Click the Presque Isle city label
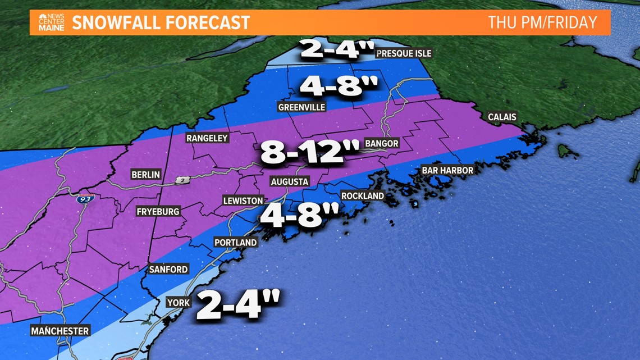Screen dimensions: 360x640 [404, 53]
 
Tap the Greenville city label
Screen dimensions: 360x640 [301, 107]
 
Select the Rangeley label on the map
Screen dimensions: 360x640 [207, 138]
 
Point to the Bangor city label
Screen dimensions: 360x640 [381, 144]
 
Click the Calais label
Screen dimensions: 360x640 [501, 117]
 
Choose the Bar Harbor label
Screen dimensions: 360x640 [447, 170]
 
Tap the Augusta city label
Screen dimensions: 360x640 [289, 181]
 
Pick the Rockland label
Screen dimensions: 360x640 [362, 196]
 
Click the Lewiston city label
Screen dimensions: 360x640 [243, 200]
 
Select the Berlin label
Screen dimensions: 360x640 [145, 175]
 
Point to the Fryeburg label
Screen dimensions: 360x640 [158, 212]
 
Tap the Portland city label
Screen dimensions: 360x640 [235, 243]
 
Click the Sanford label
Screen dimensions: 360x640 [168, 270]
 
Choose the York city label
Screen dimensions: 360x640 [178, 303]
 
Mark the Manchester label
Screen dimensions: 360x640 [60, 331]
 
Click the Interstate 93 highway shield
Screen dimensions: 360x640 [86, 198]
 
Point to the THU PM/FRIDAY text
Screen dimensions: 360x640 [542, 23]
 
